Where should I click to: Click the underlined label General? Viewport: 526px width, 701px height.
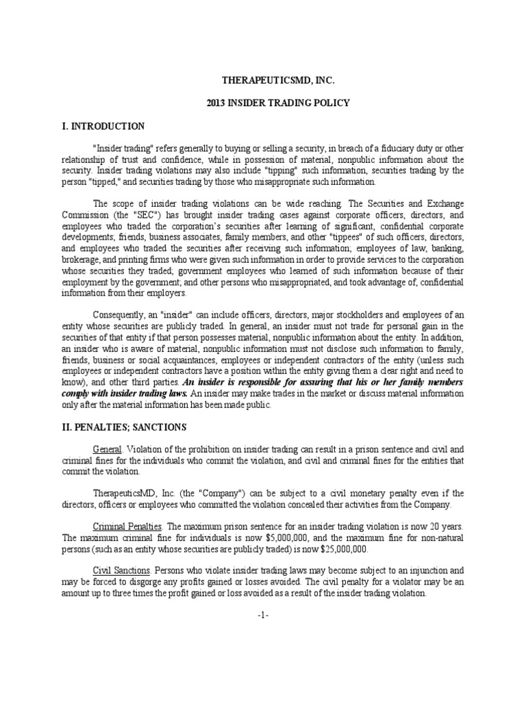point(107,450)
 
